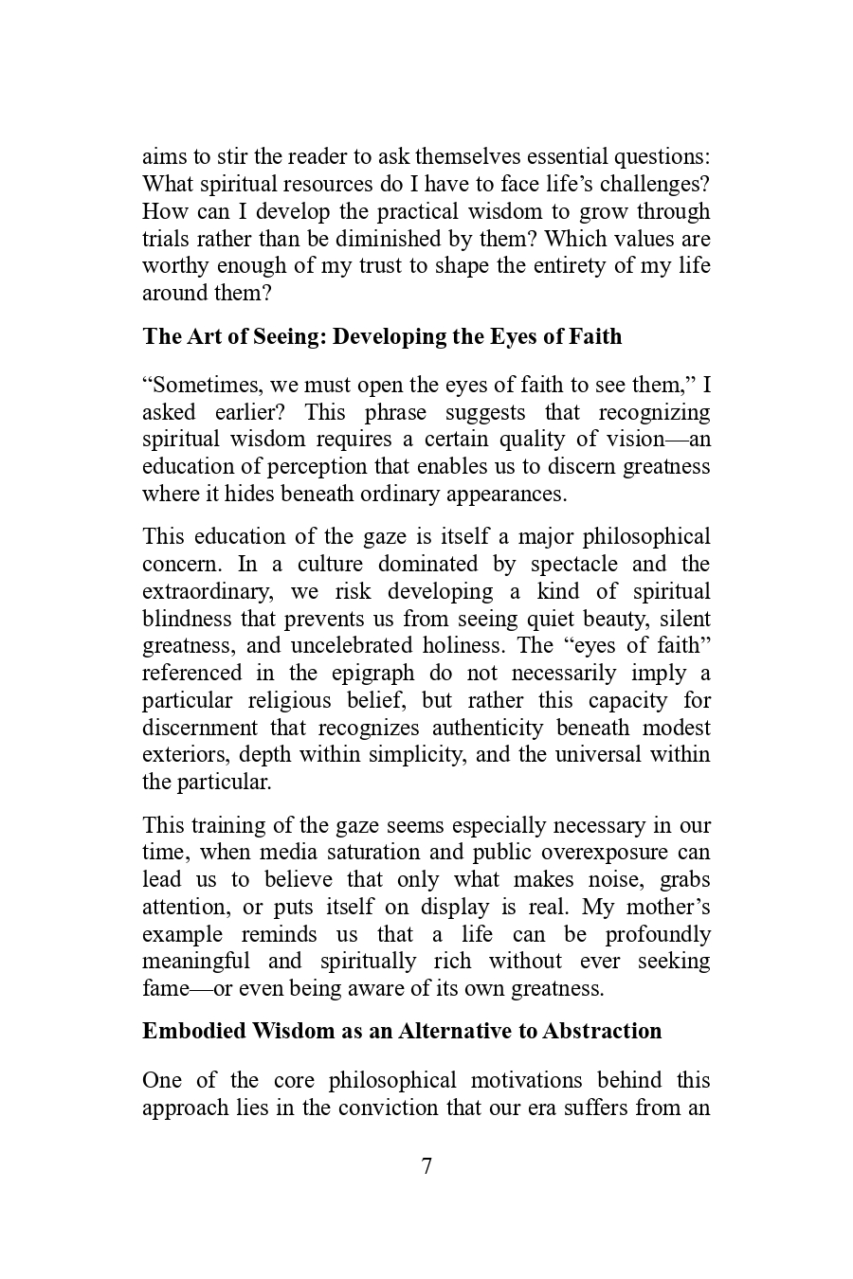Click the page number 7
426,1166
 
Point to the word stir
233,156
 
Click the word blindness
187,619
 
